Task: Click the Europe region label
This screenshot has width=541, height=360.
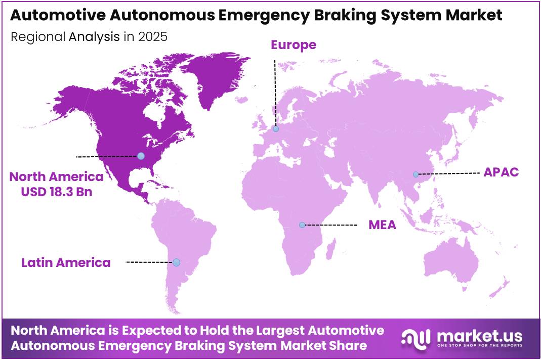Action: click(294, 45)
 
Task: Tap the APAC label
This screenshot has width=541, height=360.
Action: click(501, 172)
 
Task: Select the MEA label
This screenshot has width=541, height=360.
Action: click(382, 224)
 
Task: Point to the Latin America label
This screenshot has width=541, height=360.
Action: click(66, 262)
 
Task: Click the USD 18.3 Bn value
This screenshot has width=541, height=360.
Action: click(57, 192)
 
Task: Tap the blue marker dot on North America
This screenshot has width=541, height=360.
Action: click(141, 156)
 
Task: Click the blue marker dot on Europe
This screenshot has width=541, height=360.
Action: click(275, 129)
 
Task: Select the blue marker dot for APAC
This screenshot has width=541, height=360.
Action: click(415, 174)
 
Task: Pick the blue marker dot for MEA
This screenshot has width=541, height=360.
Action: click(302, 224)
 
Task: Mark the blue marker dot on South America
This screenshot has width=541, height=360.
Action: click(176, 262)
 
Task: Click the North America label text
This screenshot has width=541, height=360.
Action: click(57, 176)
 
